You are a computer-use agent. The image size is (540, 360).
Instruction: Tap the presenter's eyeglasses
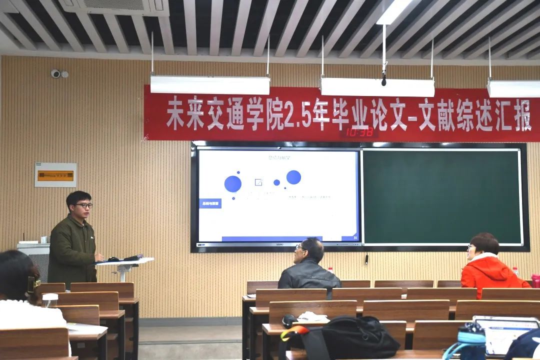tap(84, 205)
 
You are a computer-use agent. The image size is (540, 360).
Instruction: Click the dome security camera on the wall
tap(55, 73)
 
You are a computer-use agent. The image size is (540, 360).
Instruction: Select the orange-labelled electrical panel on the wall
tap(55, 175)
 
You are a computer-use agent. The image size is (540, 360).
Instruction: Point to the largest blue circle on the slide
tap(232, 183)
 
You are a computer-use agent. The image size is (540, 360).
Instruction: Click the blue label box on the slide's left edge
tap(210, 203)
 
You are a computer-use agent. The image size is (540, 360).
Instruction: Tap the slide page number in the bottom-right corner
tap(355, 237)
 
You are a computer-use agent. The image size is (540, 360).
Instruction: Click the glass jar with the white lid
tap(50, 300)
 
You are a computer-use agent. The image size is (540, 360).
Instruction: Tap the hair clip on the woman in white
tap(34, 285)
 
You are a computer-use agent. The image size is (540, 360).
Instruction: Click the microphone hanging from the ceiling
tap(384, 80)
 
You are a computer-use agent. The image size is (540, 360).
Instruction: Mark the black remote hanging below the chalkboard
tap(366, 259)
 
